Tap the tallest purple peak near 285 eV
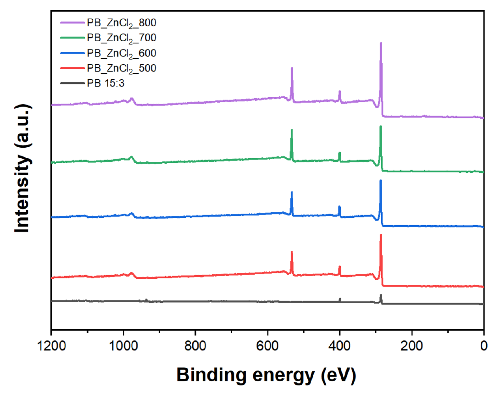click(381, 44)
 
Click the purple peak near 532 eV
click(292, 68)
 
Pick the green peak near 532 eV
click(292, 131)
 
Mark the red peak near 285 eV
click(381, 235)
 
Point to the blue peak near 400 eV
click(339, 207)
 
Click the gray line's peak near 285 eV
click(381, 295)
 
